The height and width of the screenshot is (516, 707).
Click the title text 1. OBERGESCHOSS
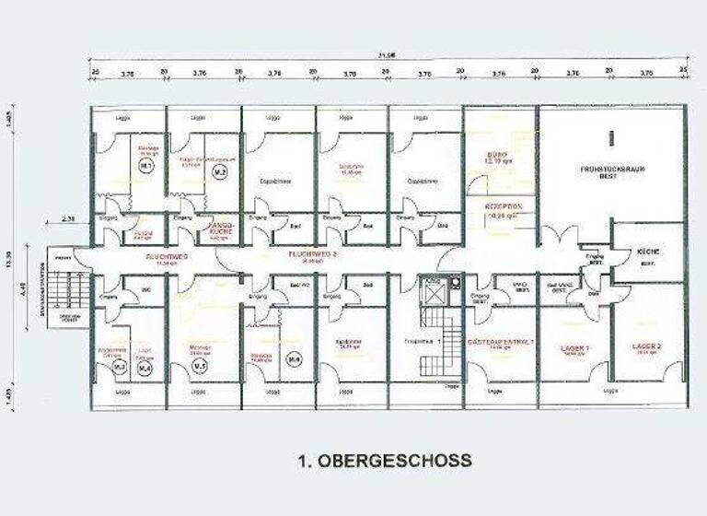pos(384,460)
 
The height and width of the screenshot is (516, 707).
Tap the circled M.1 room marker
pos(145,167)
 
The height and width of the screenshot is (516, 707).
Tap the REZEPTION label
pos(503,208)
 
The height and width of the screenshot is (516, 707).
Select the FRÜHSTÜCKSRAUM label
pos(611,171)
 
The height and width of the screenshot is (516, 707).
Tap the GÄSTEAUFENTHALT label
pos(502,342)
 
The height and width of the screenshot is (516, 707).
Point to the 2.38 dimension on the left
pos(68,217)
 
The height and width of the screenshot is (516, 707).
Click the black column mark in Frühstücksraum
pos(611,139)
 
